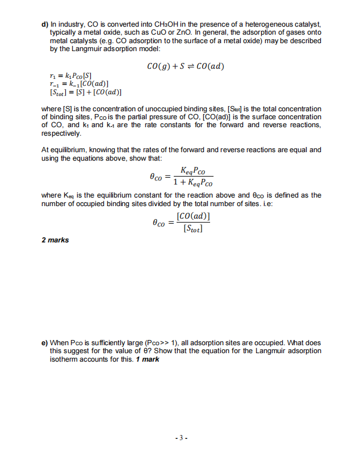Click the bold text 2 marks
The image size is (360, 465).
(55, 240)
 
